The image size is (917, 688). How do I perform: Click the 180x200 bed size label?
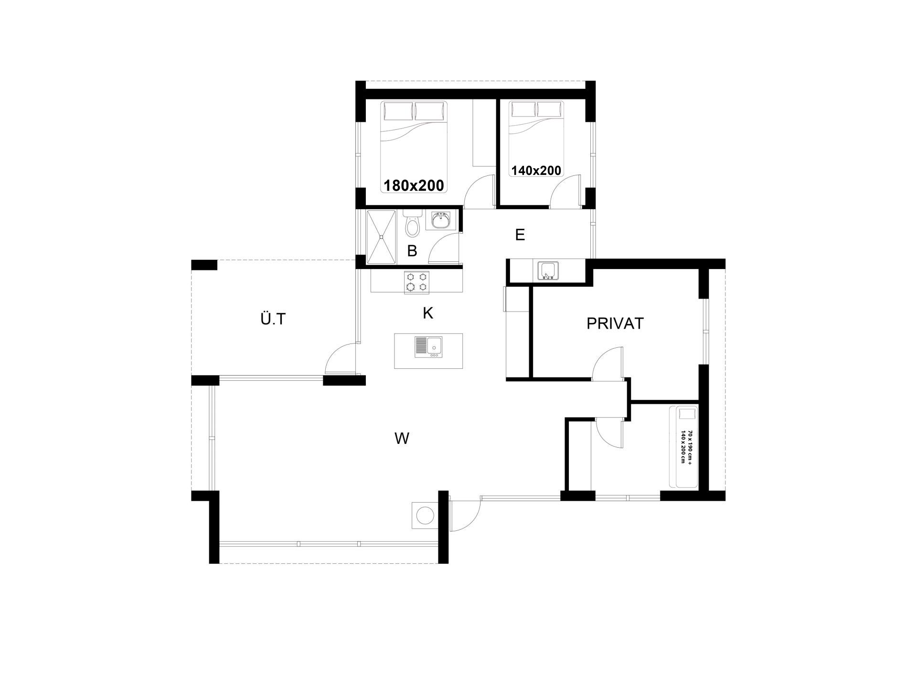click(414, 185)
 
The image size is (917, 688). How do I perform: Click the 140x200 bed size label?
click(536, 171)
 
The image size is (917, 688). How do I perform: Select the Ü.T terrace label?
click(273, 319)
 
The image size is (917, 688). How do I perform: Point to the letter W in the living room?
click(402, 438)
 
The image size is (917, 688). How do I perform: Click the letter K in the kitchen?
click(428, 313)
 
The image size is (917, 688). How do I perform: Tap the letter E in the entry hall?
click(520, 235)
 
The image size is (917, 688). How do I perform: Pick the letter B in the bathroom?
click(412, 250)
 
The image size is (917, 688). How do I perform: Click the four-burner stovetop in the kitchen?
click(416, 282)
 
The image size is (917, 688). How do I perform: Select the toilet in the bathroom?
click(412, 224)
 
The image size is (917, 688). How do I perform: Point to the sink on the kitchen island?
click(429, 347)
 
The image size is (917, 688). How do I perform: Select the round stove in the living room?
click(425, 516)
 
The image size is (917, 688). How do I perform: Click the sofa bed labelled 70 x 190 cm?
click(683, 447)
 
